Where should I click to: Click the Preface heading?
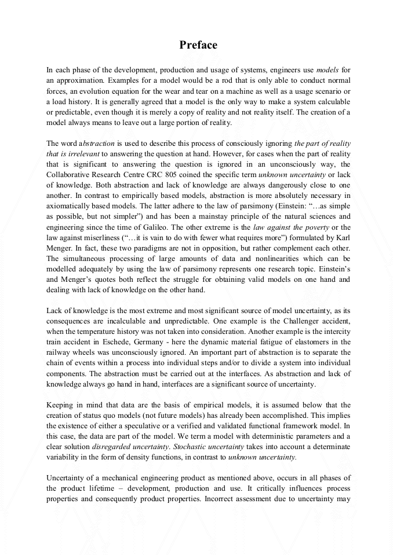198,45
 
